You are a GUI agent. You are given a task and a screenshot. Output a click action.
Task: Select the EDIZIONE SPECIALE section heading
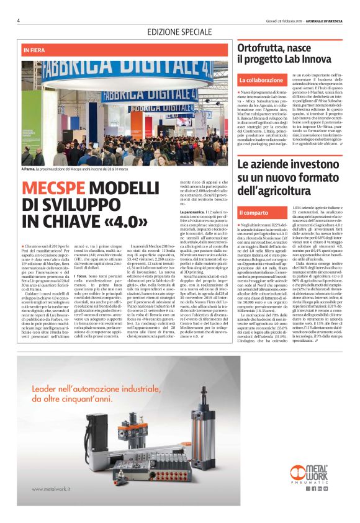[179, 32]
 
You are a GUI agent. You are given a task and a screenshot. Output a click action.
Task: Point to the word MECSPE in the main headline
[54, 189]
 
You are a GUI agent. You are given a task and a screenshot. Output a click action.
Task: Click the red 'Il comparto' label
[254, 213]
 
